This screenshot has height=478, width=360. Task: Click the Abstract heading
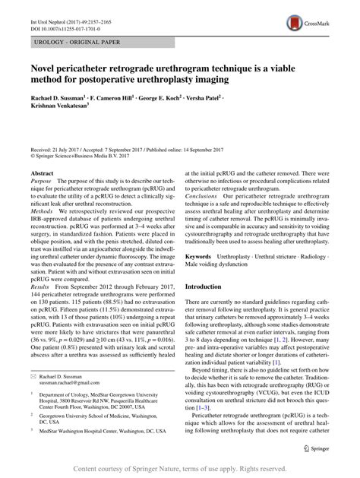pos(43,174)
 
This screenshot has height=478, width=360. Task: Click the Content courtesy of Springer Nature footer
pos(179,470)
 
